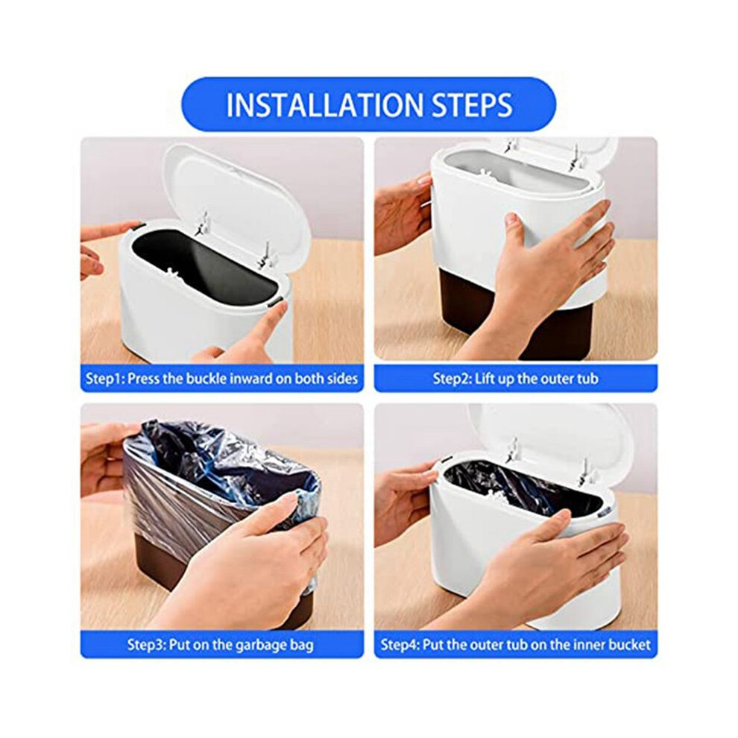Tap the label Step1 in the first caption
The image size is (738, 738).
[104, 379]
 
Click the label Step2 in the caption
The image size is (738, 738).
[451, 379]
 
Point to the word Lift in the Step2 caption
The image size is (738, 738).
[485, 378]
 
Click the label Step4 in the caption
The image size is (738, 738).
[399, 645]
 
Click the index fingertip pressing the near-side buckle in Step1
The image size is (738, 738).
[281, 307]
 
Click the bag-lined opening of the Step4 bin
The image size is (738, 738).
[523, 490]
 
